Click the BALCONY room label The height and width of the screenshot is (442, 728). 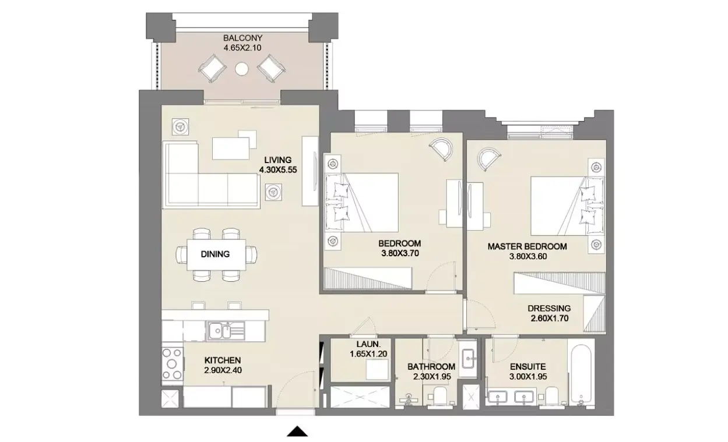(242, 38)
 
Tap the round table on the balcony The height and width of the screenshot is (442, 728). (242, 69)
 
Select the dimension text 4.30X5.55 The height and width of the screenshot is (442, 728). (278, 169)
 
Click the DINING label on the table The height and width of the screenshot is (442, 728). (215, 254)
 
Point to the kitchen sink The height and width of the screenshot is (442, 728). (226, 331)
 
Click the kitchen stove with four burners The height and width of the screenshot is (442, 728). (173, 364)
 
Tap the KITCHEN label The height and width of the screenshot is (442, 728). (223, 360)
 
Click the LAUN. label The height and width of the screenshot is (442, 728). (368, 344)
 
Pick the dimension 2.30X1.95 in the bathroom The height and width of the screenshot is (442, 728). (432, 377)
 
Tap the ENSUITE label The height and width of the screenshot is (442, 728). (528, 367)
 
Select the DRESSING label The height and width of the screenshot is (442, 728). (549, 308)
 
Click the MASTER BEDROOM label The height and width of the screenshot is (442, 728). (527, 246)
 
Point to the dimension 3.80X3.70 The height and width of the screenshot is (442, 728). (400, 253)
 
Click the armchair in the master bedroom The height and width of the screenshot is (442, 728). (488, 158)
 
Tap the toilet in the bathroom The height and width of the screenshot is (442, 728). (441, 395)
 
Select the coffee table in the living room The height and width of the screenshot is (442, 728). (231, 148)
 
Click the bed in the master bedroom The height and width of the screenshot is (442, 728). (567, 206)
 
